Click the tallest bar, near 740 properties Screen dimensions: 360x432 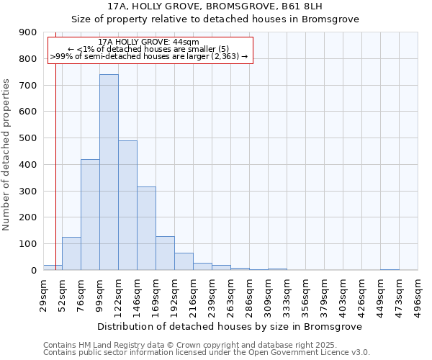tap(109, 173)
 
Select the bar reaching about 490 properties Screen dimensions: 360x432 tap(127, 205)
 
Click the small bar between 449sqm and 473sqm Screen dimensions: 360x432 tap(390, 269)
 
